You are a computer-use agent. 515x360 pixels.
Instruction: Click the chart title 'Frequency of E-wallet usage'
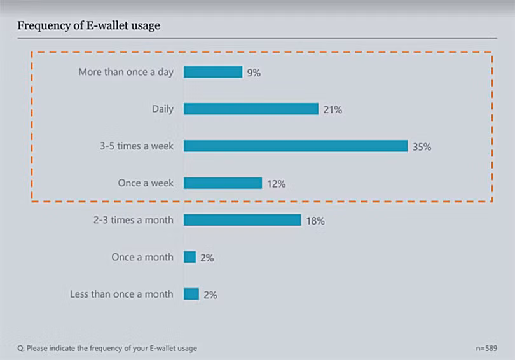(88, 26)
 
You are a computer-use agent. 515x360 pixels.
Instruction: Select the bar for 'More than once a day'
(213, 72)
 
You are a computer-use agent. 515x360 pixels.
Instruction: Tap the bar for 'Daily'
(251, 109)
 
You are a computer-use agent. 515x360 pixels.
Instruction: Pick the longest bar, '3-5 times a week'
(296, 146)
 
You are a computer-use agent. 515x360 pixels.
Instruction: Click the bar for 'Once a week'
(223, 183)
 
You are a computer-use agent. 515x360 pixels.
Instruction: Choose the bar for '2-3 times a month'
(242, 220)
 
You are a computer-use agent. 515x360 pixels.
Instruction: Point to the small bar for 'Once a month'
(189, 257)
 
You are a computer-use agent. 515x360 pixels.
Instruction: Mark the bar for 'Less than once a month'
(191, 294)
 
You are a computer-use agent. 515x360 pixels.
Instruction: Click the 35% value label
(422, 147)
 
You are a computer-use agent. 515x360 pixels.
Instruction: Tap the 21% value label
(333, 110)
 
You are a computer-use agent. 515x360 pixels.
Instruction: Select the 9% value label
(254, 73)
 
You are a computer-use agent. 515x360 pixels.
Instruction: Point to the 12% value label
(276, 184)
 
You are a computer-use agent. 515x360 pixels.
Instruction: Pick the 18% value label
(315, 221)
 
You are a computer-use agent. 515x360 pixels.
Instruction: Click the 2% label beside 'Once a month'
(207, 258)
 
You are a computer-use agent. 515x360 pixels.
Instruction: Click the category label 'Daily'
(162, 109)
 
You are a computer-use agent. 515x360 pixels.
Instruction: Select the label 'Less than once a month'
(121, 294)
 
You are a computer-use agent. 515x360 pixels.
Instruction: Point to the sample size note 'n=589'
(486, 348)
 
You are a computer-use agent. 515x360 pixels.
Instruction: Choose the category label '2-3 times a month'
(133, 220)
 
